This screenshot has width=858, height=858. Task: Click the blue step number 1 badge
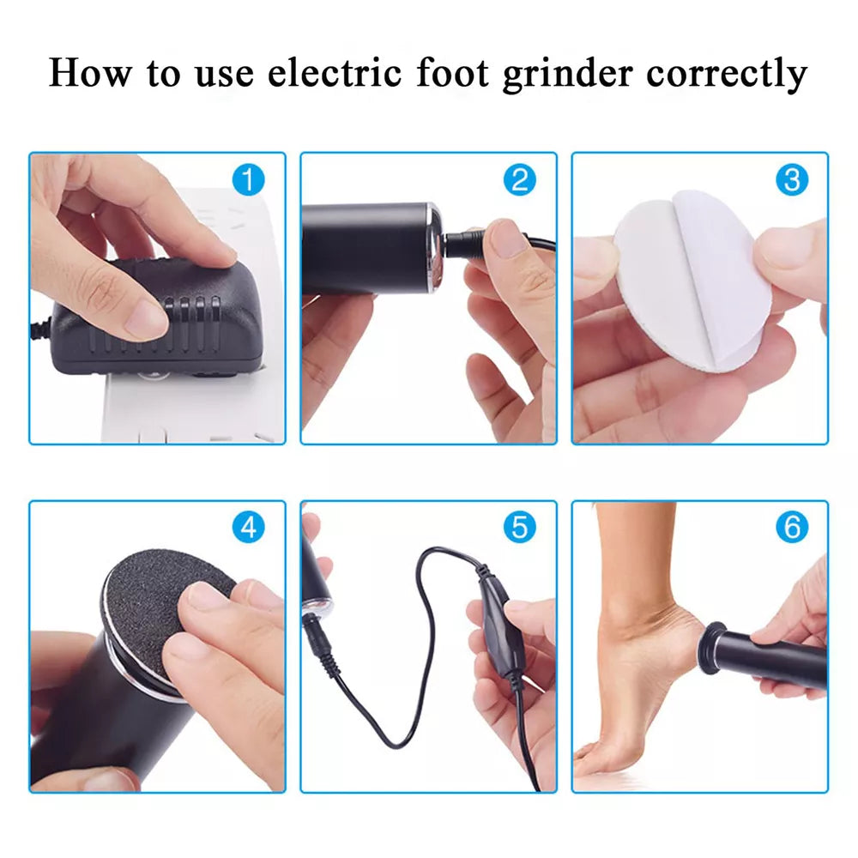click(x=249, y=180)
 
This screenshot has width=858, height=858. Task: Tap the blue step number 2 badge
click(x=520, y=180)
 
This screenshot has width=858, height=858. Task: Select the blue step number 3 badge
click(x=792, y=180)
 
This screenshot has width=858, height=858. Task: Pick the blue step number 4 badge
click(x=249, y=528)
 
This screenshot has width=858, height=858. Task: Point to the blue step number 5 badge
click(x=520, y=528)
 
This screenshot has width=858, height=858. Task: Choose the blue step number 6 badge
click(x=792, y=528)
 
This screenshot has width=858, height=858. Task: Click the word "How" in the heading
click(x=90, y=73)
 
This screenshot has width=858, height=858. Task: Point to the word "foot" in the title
click(x=452, y=73)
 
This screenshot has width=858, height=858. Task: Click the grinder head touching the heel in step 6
click(x=710, y=648)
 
